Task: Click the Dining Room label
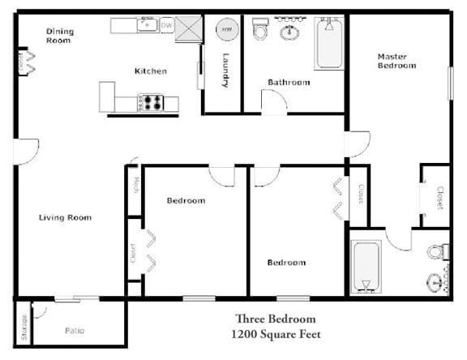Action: pos(59,36)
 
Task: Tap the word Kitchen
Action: pos(151,71)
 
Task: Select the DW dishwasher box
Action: pos(167,26)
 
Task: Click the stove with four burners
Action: pos(152,103)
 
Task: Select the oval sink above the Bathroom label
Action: pos(289,32)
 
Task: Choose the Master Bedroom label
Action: pos(396,61)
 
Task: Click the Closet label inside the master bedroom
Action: pos(440,198)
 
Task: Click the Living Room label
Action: pos(65,217)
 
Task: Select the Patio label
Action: pos(75,331)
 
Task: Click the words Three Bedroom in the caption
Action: pos(276,319)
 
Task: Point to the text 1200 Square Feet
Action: pos(276,334)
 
